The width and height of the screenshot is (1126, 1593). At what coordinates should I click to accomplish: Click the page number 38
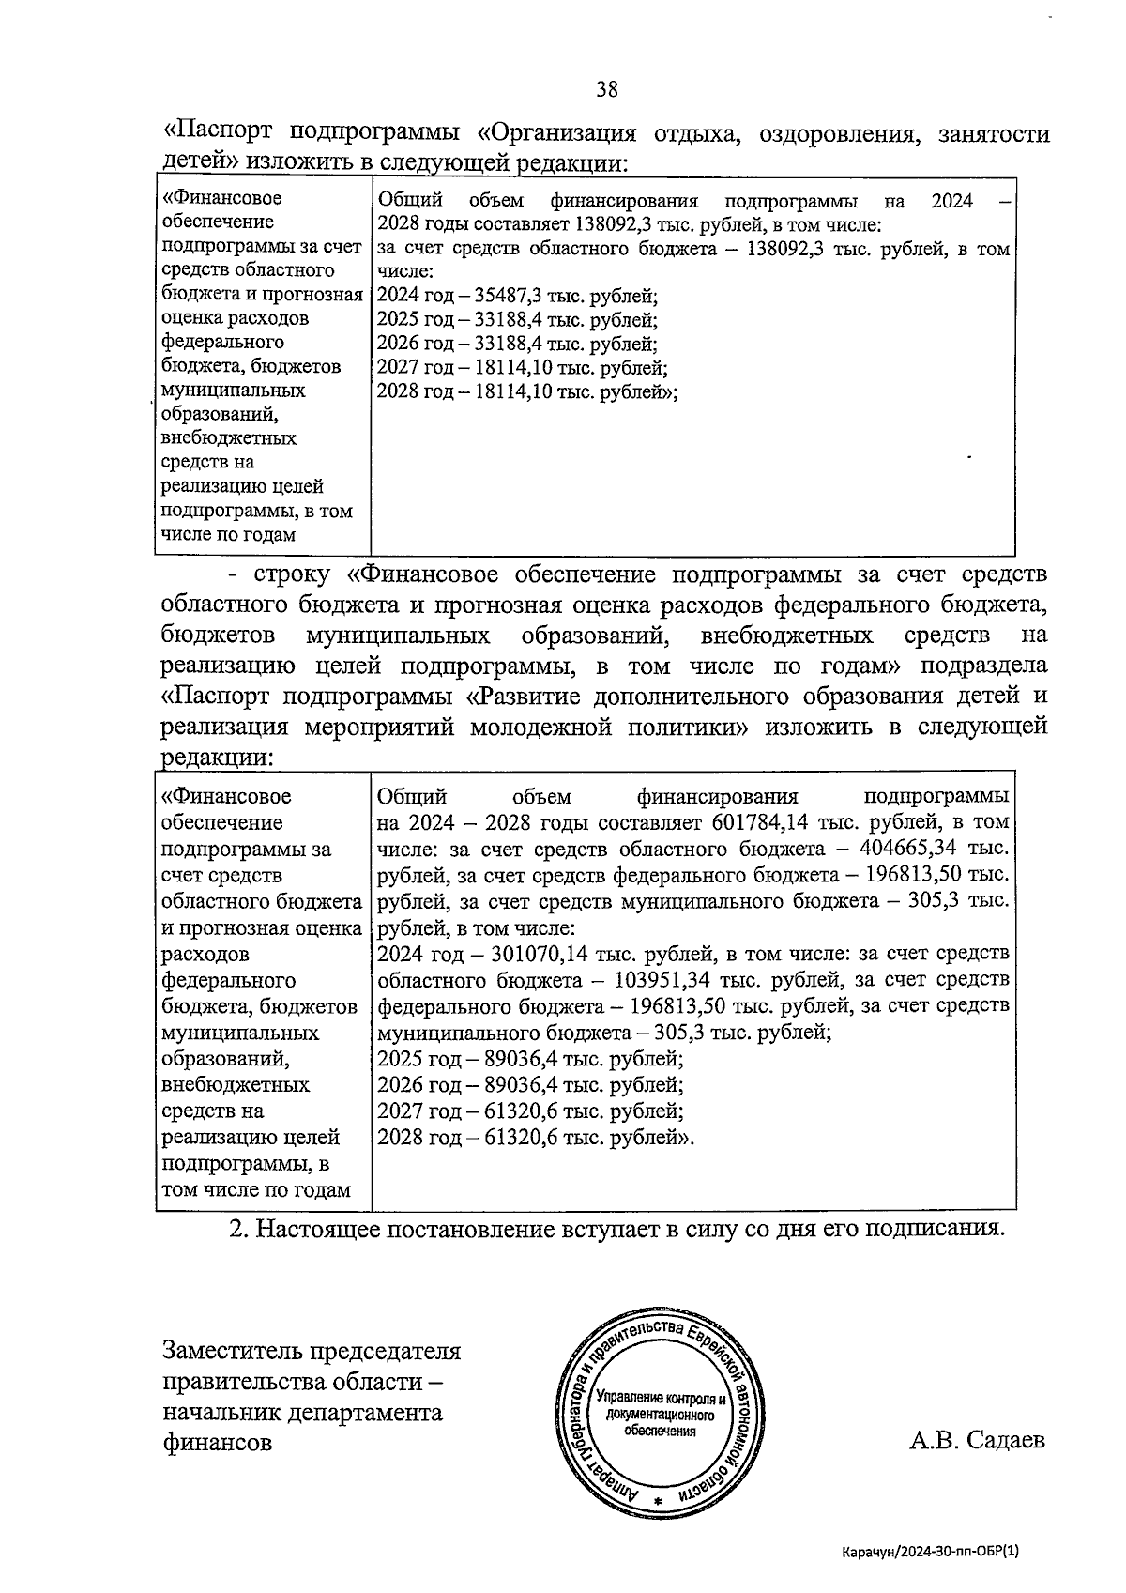[606, 89]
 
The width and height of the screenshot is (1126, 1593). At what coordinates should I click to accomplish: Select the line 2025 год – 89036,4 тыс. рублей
[529, 1059]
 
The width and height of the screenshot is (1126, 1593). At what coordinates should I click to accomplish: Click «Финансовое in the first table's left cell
[221, 199]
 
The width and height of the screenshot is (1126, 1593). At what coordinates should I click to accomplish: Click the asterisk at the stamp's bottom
[657, 1502]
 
